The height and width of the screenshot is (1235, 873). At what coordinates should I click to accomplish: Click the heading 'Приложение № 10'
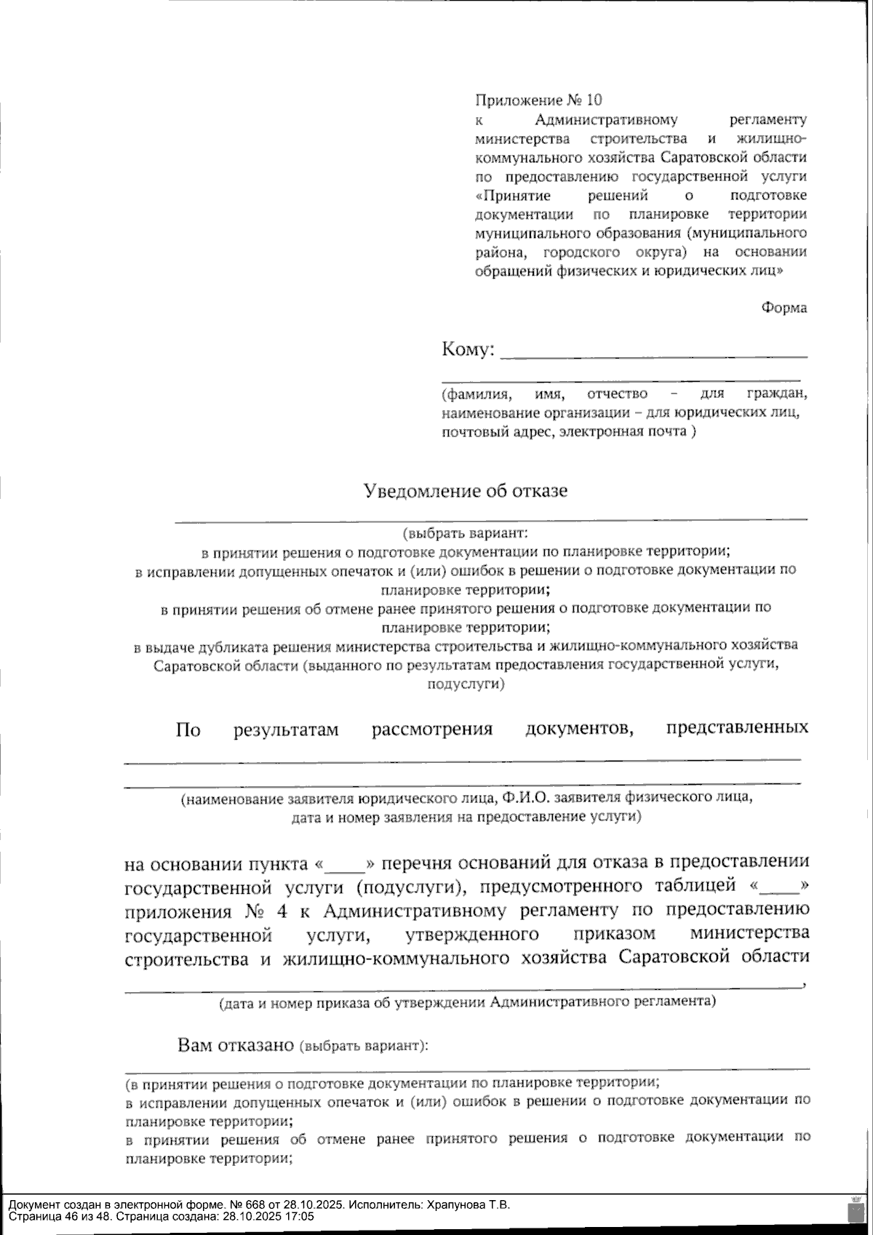point(538,100)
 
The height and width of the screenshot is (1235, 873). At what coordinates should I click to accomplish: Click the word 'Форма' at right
point(784,308)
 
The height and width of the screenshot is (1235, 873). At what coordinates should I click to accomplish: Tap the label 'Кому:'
point(468,350)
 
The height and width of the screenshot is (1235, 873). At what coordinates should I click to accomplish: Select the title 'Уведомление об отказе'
point(466,490)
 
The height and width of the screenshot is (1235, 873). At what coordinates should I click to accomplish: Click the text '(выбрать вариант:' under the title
point(466,532)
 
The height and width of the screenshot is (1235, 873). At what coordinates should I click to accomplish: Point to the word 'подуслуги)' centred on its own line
point(466,684)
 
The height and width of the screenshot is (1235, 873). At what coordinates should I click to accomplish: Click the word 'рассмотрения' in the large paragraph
point(432,729)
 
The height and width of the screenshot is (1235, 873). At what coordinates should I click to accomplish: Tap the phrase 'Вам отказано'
point(235,1046)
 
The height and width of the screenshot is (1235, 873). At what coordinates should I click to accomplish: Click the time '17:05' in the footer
point(300,1216)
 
